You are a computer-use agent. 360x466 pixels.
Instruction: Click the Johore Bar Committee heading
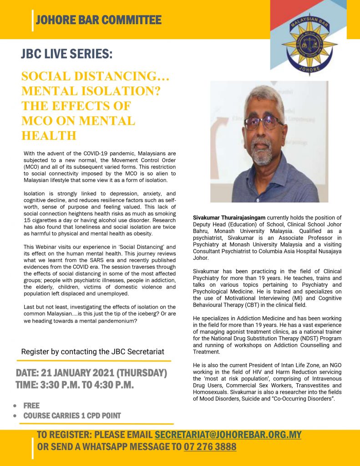click(x=98, y=20)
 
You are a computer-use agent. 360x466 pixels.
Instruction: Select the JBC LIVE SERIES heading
click(x=66, y=54)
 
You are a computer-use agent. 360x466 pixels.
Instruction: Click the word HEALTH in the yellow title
click(x=49, y=135)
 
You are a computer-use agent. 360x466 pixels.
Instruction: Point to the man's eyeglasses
click(x=264, y=122)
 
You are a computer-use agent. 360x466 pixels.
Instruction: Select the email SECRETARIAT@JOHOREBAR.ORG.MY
click(x=228, y=434)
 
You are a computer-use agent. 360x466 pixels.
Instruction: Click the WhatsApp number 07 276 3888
click(x=210, y=446)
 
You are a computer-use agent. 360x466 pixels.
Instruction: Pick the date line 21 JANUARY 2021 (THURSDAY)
click(x=91, y=373)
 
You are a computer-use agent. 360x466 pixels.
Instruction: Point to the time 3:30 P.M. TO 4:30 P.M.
click(x=74, y=385)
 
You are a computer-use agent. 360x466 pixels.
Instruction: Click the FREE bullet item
click(x=31, y=405)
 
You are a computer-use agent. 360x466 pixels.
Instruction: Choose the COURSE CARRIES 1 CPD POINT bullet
click(x=72, y=415)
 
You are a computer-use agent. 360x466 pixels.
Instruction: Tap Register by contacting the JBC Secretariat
click(x=93, y=351)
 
